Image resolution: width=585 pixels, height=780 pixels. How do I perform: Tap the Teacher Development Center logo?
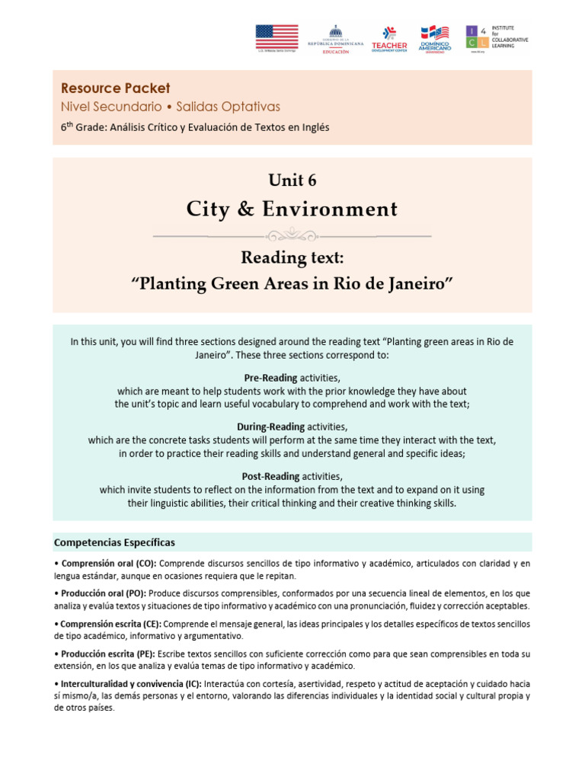pos(388,39)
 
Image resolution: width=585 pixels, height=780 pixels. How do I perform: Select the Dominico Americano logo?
pos(436,39)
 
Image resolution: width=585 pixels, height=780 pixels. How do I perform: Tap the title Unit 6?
pos(292,181)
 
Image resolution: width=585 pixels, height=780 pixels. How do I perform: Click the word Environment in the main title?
pos(330,209)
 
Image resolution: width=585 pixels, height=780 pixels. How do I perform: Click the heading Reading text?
pos(292,258)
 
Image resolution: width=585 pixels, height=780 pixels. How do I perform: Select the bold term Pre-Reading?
pos(273,378)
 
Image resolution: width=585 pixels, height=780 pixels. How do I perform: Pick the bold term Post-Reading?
pos(272,476)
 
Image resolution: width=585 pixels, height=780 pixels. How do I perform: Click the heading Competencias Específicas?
pos(114,542)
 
